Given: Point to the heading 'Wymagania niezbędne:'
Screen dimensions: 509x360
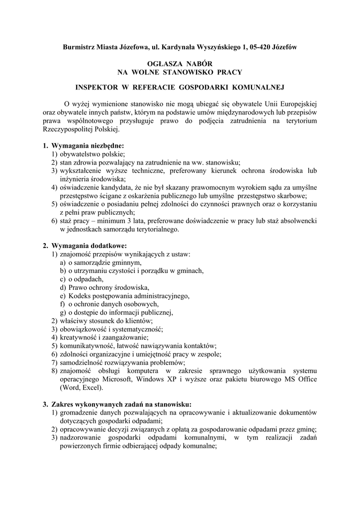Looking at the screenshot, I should tap(88, 146).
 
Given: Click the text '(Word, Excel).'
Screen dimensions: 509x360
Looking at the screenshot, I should tap(82, 388).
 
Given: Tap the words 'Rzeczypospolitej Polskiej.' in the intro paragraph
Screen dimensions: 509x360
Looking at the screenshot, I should tap(81, 129).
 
